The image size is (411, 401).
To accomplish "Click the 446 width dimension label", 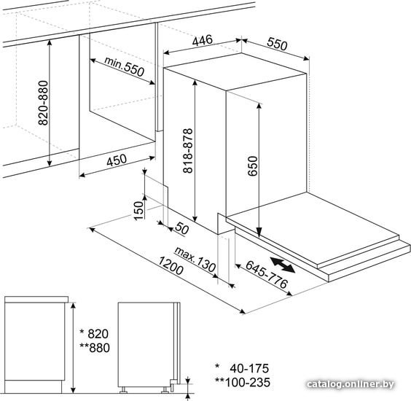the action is point(203,40).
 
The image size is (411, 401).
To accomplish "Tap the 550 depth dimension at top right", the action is point(278,44).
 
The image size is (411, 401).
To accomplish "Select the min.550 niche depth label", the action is point(125,66).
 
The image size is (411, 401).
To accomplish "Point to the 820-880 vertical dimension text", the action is point(44,103).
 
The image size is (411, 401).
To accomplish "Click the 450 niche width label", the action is point(117,160).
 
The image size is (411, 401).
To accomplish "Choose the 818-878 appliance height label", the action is point(188,151).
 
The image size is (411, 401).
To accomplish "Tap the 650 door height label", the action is point(253,166).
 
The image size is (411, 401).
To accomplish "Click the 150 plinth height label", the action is point(139,211).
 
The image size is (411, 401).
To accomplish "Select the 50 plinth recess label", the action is point(181,228).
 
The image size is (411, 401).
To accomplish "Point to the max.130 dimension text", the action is point(195,259).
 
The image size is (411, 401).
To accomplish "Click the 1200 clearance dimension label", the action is point(171,266).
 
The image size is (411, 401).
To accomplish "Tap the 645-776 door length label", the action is point(267,275).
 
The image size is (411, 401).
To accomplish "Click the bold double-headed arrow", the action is point(283,265).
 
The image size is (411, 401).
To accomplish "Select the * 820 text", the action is point(94,334).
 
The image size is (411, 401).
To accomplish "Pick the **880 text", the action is point(95,348).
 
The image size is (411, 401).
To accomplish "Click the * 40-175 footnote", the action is point(242,368).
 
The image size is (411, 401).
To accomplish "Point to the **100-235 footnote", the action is point(243,383).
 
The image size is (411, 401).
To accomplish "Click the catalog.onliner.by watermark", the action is point(351,384).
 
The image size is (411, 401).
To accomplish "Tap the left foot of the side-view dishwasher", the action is point(123,390).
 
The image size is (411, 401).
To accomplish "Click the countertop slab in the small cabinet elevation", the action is point(36,299).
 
